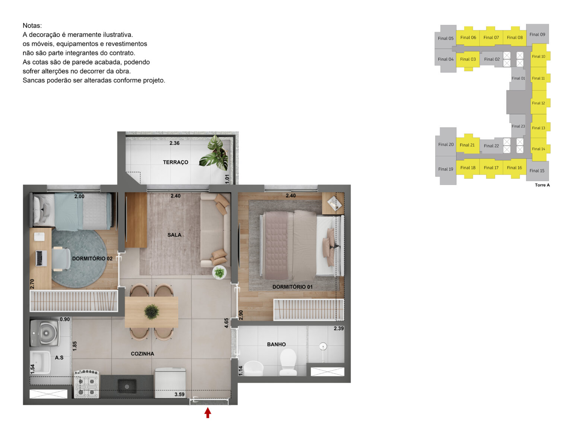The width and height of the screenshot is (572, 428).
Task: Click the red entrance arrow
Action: tap(207, 413)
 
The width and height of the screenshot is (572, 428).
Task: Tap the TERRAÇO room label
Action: tap(175, 162)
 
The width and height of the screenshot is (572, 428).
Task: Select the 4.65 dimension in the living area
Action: tap(226, 323)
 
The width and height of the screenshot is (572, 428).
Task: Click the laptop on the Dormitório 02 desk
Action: tap(41, 258)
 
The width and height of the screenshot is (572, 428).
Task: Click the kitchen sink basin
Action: tap(127, 386)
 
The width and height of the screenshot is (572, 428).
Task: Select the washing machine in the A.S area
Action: tap(45, 333)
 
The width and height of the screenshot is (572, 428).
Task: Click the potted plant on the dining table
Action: tap(152, 312)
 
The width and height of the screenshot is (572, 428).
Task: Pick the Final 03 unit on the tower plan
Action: tap(468, 60)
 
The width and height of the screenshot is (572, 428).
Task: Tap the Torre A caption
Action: tap(542, 185)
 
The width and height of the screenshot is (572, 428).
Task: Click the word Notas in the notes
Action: tap(32, 26)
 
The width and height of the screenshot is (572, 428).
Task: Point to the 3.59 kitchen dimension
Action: tap(179, 394)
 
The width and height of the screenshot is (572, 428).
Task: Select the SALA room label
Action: tap(174, 235)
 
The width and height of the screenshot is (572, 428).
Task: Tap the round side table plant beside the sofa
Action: tap(219, 272)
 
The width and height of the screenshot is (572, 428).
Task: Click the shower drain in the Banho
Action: tap(323, 346)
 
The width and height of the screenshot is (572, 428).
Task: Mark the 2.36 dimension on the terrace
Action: tap(174, 143)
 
